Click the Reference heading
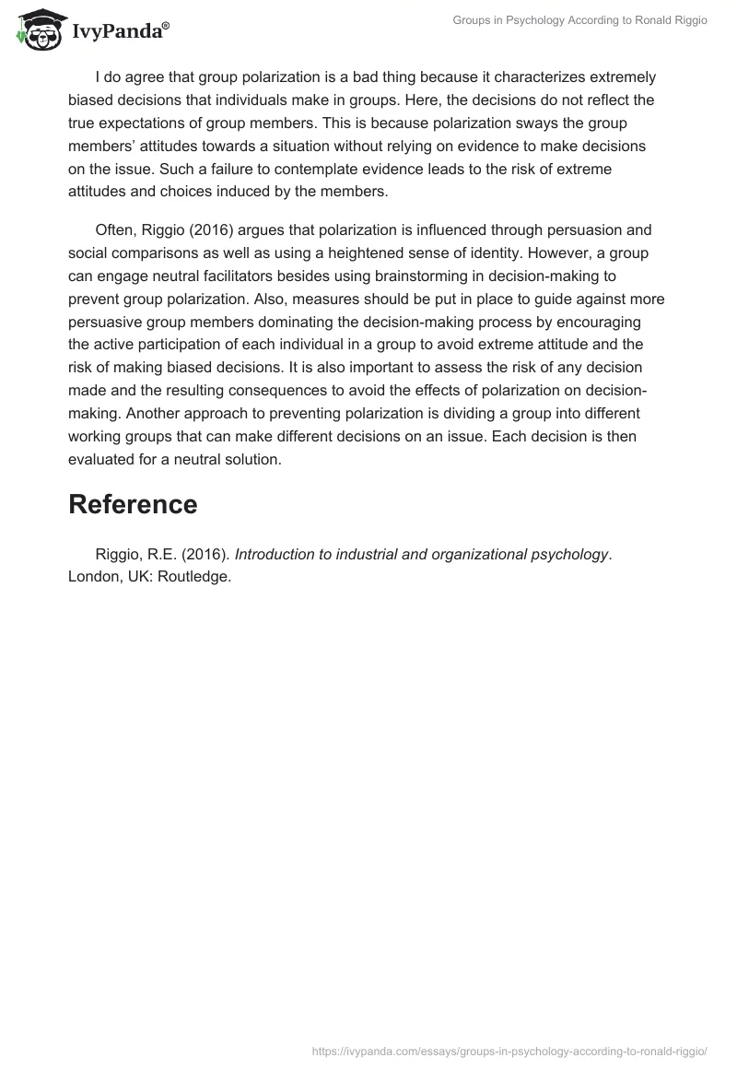coord(133,504)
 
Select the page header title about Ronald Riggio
coord(579,20)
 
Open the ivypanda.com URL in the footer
coord(509,1051)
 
